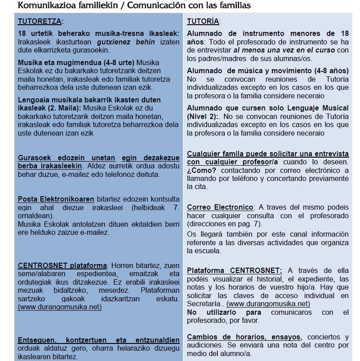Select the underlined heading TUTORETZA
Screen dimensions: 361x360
40,21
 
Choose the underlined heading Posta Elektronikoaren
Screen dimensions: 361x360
56,199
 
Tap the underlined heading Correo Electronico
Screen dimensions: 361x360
220,207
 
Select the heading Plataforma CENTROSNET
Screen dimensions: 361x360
235,270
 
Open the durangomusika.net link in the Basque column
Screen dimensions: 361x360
60,307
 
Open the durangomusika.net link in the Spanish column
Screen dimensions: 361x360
268,304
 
